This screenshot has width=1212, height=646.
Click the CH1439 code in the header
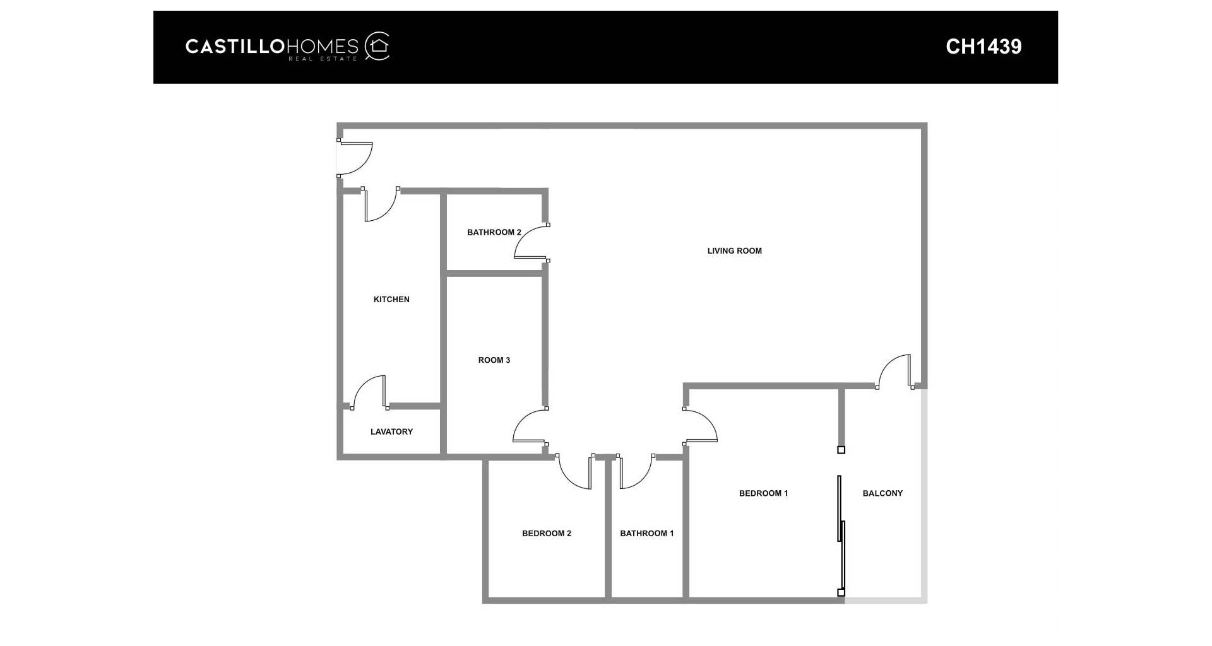983,47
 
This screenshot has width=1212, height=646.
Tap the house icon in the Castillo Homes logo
379,45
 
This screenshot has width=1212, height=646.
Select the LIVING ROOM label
734,251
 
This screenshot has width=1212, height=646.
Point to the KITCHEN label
391,300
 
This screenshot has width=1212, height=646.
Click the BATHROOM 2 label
494,232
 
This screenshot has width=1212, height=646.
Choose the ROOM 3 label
494,360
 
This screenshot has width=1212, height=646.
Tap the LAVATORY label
391,432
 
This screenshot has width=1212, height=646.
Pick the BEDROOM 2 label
547,534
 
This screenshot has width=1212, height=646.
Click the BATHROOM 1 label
647,534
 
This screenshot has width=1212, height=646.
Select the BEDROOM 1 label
763,493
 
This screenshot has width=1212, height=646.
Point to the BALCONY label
882,493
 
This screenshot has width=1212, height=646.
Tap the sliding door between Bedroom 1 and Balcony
841,535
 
